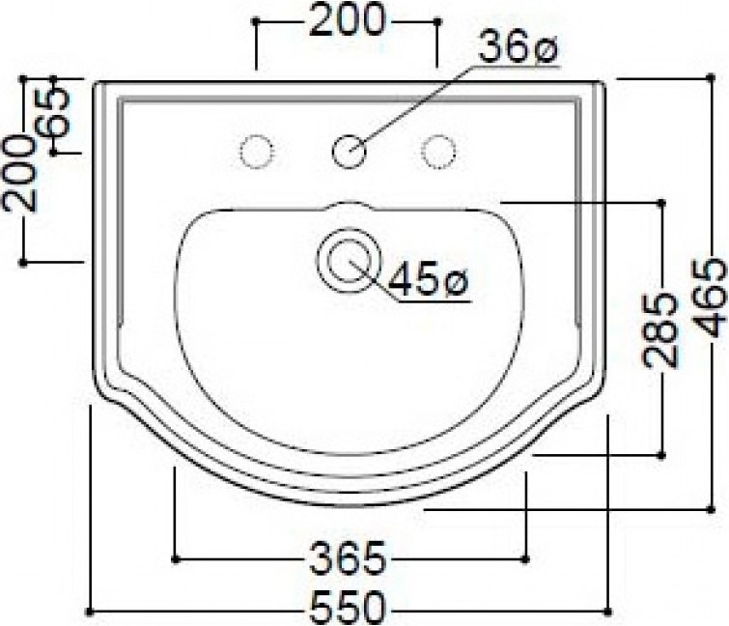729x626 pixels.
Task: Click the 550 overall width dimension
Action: [x=349, y=607]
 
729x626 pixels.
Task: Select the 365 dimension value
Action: [x=349, y=557]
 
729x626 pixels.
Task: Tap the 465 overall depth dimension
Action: [x=709, y=299]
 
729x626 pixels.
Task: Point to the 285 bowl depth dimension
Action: [x=660, y=329]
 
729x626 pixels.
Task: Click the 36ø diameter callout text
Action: [x=518, y=46]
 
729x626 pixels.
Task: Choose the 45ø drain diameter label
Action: [x=429, y=278]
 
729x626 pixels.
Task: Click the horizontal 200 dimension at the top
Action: [x=348, y=19]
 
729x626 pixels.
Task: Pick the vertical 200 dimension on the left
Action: [x=19, y=174]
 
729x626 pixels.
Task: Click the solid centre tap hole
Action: [x=349, y=151]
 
